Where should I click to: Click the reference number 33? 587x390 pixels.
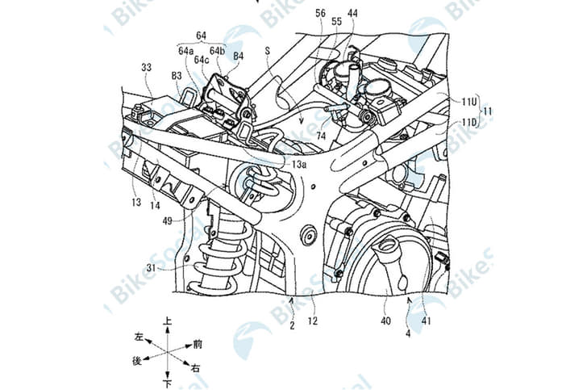point(146,70)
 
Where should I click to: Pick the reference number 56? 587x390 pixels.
point(320,14)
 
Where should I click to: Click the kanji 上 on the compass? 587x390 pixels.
point(167,321)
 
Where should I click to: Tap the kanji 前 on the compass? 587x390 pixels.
point(198,343)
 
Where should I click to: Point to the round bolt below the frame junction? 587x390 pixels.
point(307,235)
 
